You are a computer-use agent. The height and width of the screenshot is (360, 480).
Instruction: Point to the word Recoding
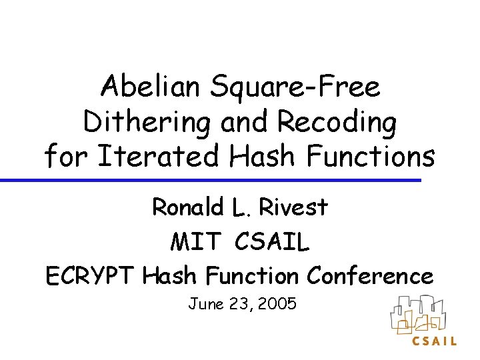click(x=339, y=123)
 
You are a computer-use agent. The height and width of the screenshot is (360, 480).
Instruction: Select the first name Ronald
click(x=188, y=208)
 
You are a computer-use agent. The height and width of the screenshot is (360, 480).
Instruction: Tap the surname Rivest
click(x=293, y=208)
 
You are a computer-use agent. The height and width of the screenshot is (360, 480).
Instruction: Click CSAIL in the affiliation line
click(x=272, y=242)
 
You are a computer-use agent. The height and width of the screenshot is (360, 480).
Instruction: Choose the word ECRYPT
click(x=91, y=275)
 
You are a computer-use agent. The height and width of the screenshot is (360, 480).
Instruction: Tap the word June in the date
click(x=205, y=305)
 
